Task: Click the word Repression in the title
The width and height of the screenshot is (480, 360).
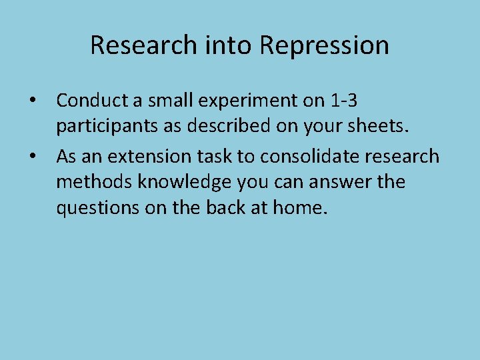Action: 324,46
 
